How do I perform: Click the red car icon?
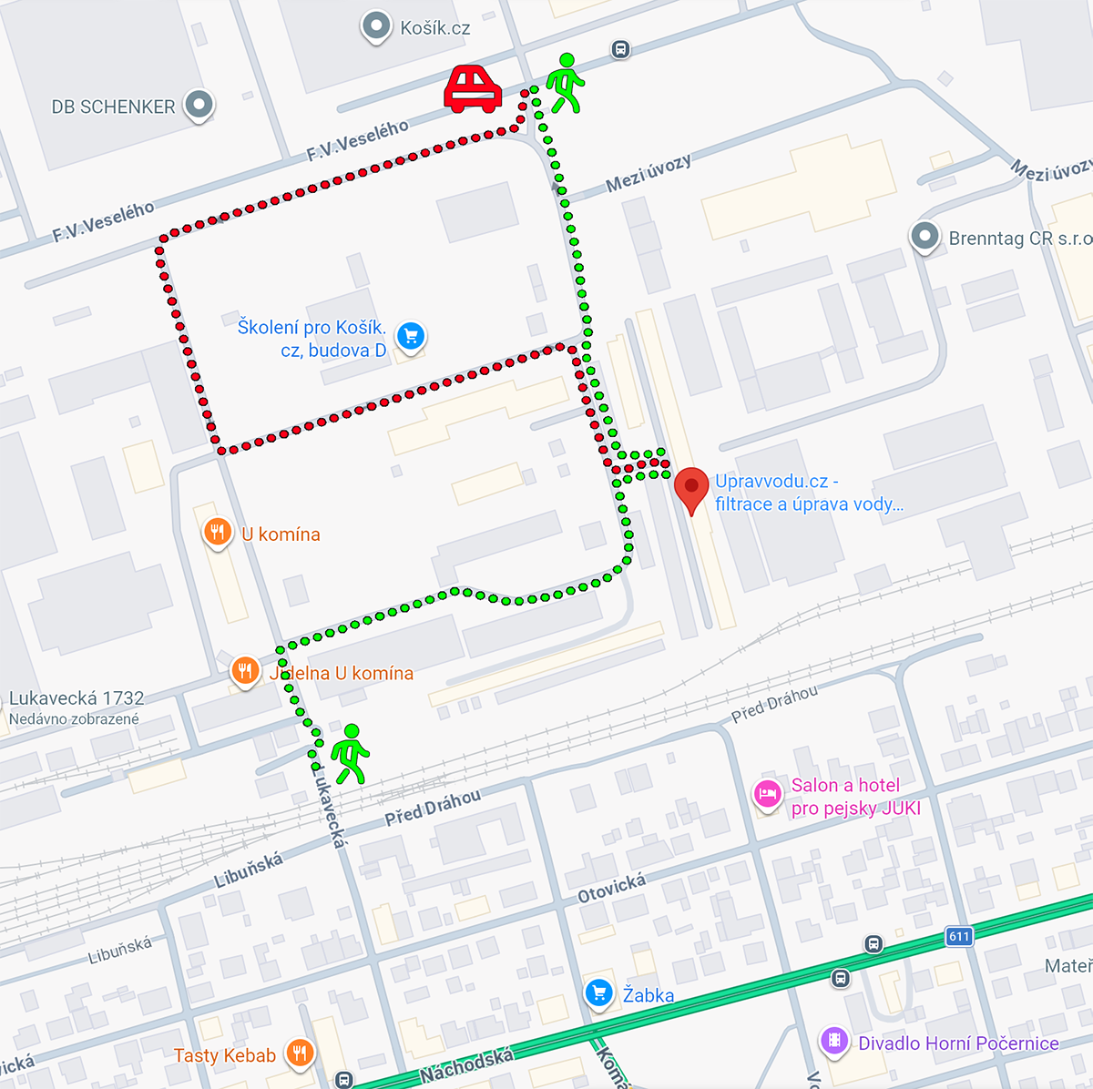473,89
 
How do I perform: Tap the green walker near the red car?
566,83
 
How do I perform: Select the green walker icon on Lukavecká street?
350,755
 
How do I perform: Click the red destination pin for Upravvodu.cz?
691,489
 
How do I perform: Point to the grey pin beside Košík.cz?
376,27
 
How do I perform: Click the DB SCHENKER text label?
113,107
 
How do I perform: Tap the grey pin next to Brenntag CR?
924,238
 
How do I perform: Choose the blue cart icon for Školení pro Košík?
411,336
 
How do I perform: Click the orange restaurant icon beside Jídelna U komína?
244,672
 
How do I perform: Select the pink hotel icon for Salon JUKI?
767,795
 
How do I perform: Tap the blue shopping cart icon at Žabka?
598,992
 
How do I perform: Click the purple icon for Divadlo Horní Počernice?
834,1040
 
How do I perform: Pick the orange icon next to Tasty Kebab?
299,1053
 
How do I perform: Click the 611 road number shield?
959,936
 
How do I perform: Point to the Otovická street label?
612,888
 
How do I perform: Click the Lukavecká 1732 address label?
77,698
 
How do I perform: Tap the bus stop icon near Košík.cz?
620,49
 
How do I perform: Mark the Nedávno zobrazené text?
74,719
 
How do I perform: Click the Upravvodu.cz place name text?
776,481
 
